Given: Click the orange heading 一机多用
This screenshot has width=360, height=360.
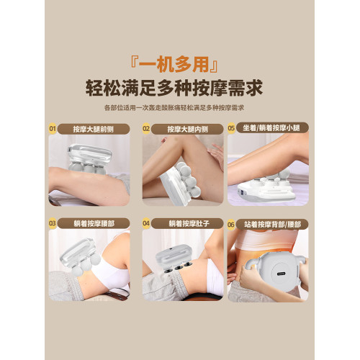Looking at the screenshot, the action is tap(174, 65).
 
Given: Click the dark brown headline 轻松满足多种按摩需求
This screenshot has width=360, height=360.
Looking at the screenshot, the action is tap(174, 89).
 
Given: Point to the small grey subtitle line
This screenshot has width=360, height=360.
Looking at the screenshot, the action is tap(174, 107).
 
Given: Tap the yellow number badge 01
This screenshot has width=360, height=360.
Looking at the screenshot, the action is tap(53, 129).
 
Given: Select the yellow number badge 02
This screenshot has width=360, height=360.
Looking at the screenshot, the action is tap(146, 129).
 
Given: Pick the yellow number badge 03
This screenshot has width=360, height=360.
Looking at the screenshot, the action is tap(53, 223).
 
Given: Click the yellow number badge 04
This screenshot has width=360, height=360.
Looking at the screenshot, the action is tap(146, 223).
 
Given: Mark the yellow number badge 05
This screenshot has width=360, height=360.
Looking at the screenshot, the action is tap(231, 128).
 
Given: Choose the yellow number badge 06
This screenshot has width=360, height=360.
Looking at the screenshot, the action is tap(231, 225).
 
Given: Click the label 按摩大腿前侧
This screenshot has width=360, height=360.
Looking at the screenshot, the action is tap(94, 129).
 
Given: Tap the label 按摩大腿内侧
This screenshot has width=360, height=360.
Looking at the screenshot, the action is tap(188, 129).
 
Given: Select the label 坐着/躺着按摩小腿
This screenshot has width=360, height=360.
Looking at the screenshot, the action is tap(271, 128).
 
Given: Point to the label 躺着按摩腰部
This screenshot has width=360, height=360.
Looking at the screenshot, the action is tap(94, 224).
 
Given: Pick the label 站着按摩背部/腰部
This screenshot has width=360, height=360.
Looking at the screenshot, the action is tap(272, 225).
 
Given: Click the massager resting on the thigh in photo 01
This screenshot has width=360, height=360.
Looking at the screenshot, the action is tap(90, 158).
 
